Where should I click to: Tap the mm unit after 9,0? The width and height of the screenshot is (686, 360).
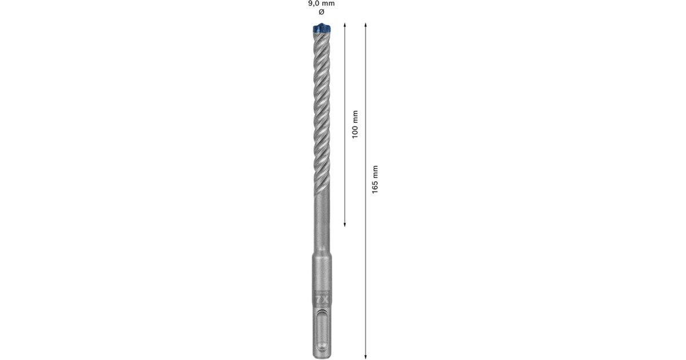[328, 3]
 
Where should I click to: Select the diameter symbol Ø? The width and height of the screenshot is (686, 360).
[321, 12]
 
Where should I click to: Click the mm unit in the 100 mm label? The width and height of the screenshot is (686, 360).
[354, 116]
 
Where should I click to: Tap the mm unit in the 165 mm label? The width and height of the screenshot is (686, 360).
[375, 171]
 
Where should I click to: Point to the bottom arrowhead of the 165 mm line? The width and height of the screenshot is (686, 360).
[365, 357]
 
